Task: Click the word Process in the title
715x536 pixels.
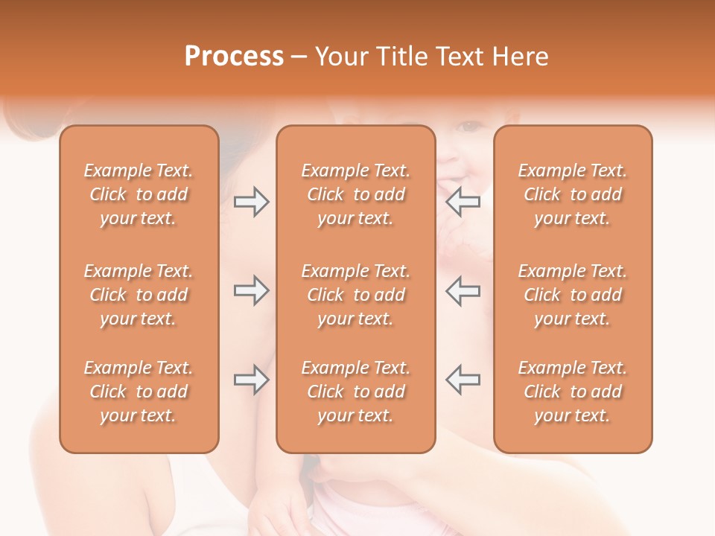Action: [234, 57]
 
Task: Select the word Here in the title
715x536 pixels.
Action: [521, 57]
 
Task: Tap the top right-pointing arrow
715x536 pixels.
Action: [252, 202]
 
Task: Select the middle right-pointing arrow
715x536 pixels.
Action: [252, 290]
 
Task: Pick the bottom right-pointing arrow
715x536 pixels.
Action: [252, 380]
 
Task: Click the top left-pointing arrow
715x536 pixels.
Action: [463, 202]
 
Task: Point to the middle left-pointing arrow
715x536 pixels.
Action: [463, 290]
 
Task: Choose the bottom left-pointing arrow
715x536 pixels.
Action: [463, 380]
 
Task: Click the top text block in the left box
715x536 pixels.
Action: [139, 194]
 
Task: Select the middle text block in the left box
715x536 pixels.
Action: [139, 295]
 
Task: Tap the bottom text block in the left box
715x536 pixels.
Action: [139, 392]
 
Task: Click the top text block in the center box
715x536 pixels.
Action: [356, 194]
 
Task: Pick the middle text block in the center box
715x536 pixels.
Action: [356, 295]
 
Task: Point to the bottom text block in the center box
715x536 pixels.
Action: [356, 392]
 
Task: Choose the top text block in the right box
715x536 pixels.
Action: [573, 194]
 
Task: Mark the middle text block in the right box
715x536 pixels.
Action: [573, 295]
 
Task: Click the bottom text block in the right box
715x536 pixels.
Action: [573, 392]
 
